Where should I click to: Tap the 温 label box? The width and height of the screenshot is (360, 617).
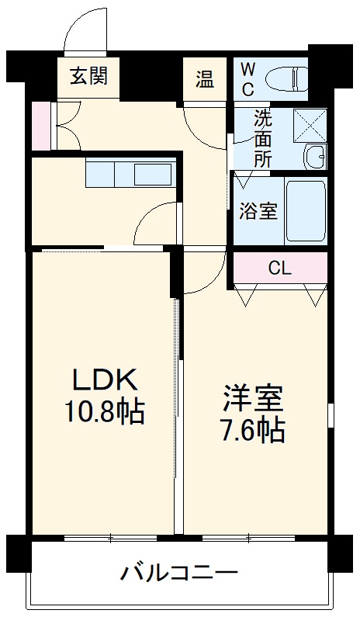[204, 78]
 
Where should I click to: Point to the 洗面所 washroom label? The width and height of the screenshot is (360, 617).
[264, 140]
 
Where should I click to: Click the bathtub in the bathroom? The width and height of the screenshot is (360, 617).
[305, 210]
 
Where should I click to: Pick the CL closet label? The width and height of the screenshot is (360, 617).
[279, 269]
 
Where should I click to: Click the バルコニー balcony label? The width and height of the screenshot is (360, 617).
[178, 575]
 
